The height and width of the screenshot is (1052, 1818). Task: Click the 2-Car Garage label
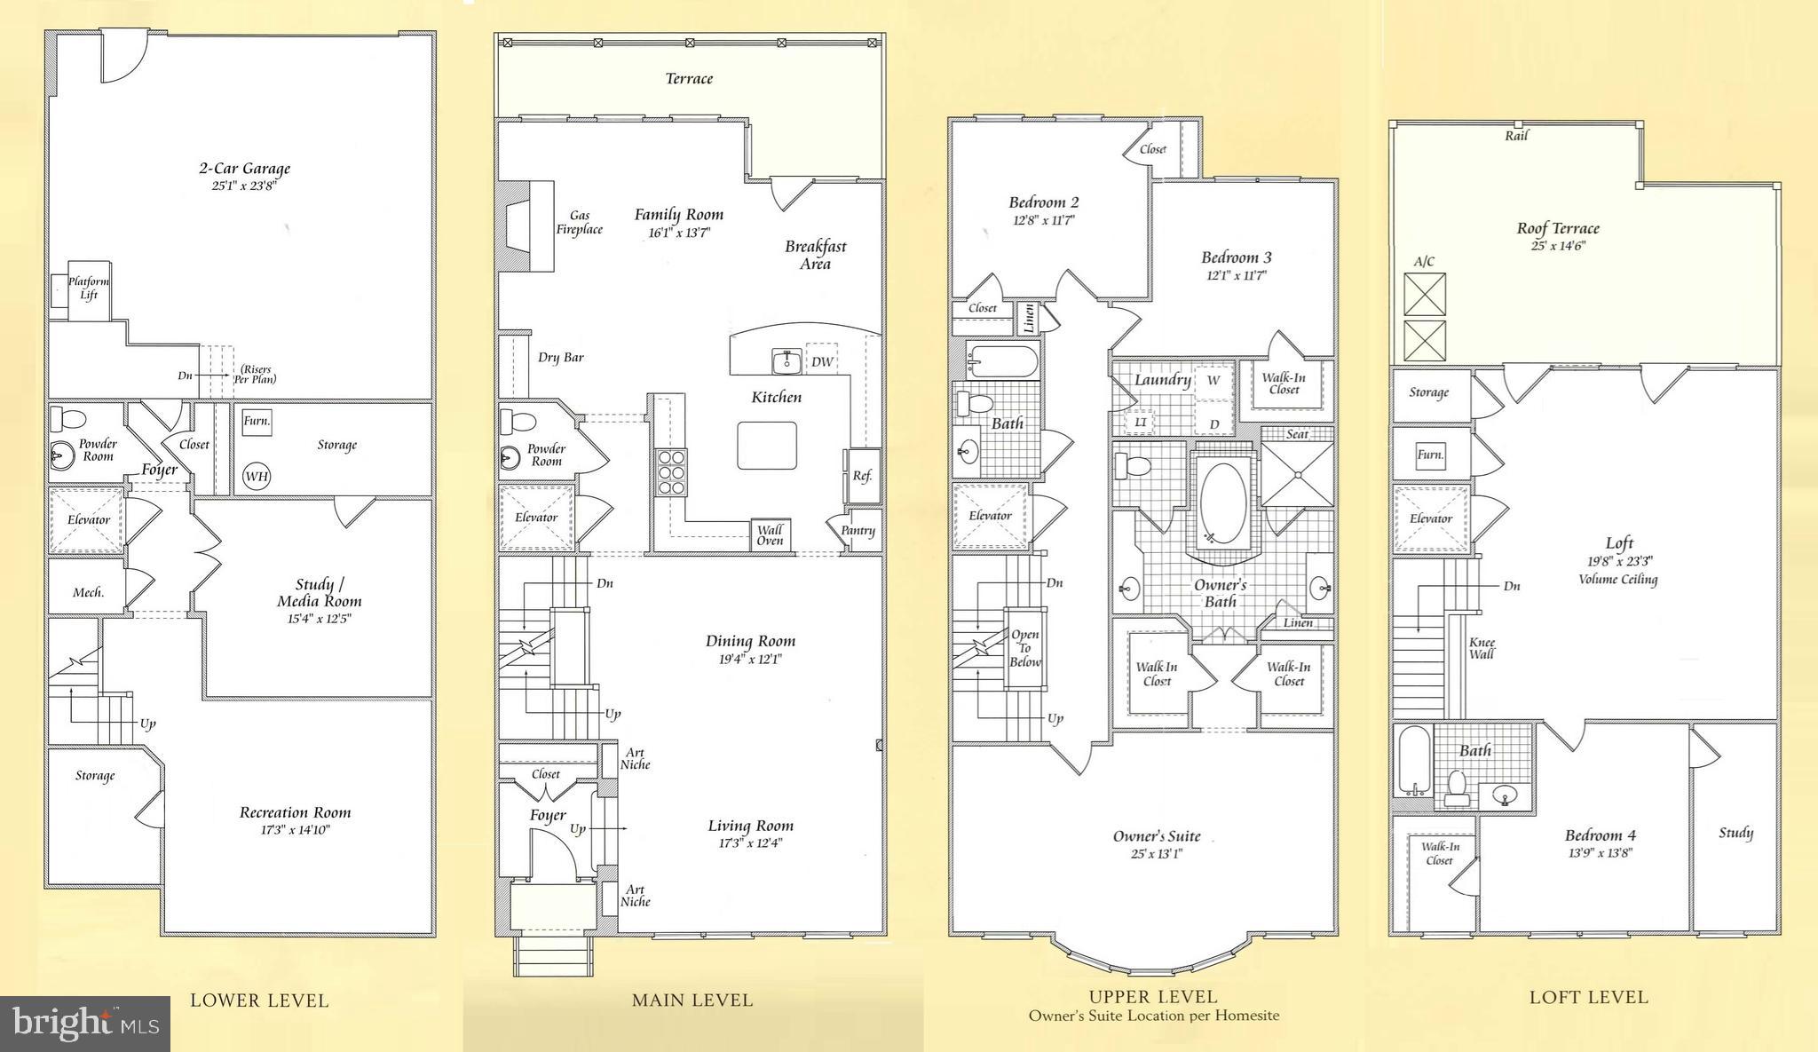click(x=243, y=169)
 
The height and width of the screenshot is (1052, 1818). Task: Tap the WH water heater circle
click(x=257, y=477)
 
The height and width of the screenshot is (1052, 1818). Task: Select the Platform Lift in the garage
click(x=88, y=289)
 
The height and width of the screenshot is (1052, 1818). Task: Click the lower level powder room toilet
click(x=67, y=418)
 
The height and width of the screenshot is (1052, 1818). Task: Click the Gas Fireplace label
click(x=579, y=222)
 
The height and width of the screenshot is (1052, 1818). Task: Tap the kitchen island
click(x=766, y=445)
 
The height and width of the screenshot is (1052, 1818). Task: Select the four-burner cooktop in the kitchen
click(x=671, y=471)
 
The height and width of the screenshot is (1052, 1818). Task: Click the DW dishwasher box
click(x=822, y=361)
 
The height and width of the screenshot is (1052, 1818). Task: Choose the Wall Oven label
click(x=770, y=535)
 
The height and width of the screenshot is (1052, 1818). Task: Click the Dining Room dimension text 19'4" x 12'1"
click(x=749, y=660)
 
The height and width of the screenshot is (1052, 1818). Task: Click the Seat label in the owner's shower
click(x=1297, y=434)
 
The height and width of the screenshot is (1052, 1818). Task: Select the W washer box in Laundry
click(x=1213, y=380)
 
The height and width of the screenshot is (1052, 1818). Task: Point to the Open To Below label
click(x=1024, y=648)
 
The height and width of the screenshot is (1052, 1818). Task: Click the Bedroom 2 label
click(x=1043, y=202)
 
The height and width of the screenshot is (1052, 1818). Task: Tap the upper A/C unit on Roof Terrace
click(x=1424, y=295)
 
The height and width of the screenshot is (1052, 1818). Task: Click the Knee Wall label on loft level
click(x=1482, y=648)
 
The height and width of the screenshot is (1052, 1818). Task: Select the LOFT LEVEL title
click(x=1588, y=997)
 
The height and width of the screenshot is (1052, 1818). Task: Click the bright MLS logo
click(x=85, y=1024)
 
